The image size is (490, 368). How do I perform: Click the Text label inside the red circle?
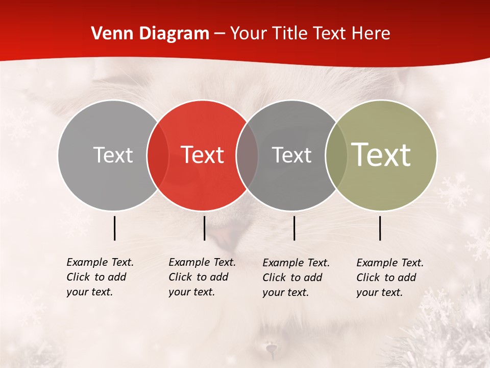(203, 155)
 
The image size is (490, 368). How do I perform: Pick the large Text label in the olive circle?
(381, 155)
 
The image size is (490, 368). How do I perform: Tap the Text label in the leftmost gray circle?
(113, 155)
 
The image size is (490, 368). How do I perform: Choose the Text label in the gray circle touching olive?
(291, 155)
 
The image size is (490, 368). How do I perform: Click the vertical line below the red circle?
(204, 228)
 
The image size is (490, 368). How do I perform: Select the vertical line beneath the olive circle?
(380, 228)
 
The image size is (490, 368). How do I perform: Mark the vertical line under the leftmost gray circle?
(114, 228)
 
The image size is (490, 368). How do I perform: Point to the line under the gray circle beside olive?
(295, 228)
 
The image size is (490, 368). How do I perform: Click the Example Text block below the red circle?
(202, 277)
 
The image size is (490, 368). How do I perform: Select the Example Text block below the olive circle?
(390, 278)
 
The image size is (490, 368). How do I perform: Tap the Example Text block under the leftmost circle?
(100, 277)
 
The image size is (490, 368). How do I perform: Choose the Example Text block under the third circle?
(296, 278)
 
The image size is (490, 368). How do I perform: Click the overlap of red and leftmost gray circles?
(158, 155)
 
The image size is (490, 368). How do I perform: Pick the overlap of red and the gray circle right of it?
(247, 155)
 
